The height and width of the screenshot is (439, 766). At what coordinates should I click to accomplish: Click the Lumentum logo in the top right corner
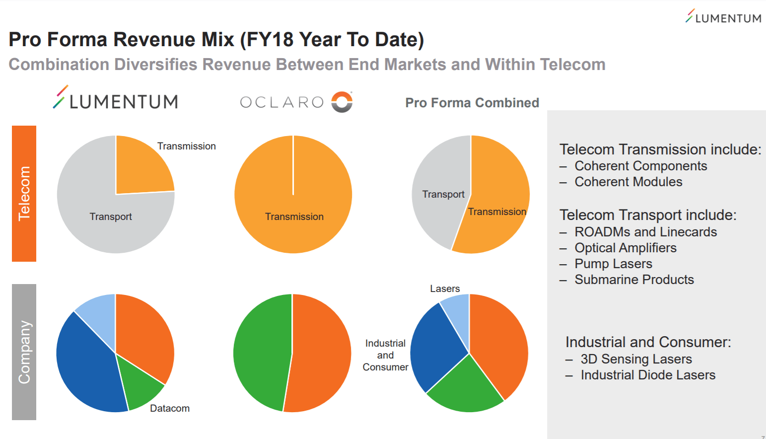[723, 17]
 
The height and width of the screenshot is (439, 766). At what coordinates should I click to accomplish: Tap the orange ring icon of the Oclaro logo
[342, 102]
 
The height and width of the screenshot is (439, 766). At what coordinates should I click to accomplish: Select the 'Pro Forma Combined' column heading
[472, 103]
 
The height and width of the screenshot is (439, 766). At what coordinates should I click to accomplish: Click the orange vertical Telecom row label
[24, 194]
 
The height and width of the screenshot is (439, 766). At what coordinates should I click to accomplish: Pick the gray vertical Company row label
[24, 352]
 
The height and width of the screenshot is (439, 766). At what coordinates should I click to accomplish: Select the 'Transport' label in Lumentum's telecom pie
[110, 217]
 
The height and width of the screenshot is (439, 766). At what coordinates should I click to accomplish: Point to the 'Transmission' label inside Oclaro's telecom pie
[294, 217]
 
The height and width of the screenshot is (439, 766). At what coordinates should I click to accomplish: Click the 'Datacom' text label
[170, 408]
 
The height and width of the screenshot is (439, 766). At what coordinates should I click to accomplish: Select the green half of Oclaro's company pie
[261, 353]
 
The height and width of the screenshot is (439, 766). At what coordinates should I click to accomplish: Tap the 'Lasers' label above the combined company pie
[445, 289]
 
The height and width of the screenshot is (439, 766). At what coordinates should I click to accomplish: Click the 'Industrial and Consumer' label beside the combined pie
[385, 355]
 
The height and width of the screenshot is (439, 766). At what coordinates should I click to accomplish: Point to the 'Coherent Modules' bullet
[628, 182]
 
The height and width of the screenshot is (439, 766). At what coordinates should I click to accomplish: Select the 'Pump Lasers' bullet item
[613, 264]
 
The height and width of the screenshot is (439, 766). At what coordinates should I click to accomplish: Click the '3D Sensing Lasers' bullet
[636, 359]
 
